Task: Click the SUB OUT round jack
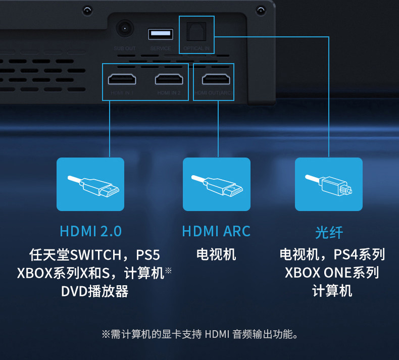tap(124, 28)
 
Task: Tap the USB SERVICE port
tap(161, 34)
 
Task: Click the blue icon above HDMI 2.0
tap(90, 184)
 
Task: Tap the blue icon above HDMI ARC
tap(216, 184)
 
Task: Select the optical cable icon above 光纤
tap(328, 184)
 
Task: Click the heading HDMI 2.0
tap(90, 231)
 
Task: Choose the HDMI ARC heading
tap(216, 231)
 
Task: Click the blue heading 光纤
tap(329, 232)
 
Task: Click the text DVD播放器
tap(94, 291)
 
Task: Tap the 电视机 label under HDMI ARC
tap(216, 254)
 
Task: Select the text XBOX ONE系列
tap(332, 273)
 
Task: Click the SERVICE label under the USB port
tap(161, 48)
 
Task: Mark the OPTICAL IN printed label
tap(197, 48)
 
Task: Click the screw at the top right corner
tap(261, 10)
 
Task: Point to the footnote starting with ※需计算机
tap(199, 334)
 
